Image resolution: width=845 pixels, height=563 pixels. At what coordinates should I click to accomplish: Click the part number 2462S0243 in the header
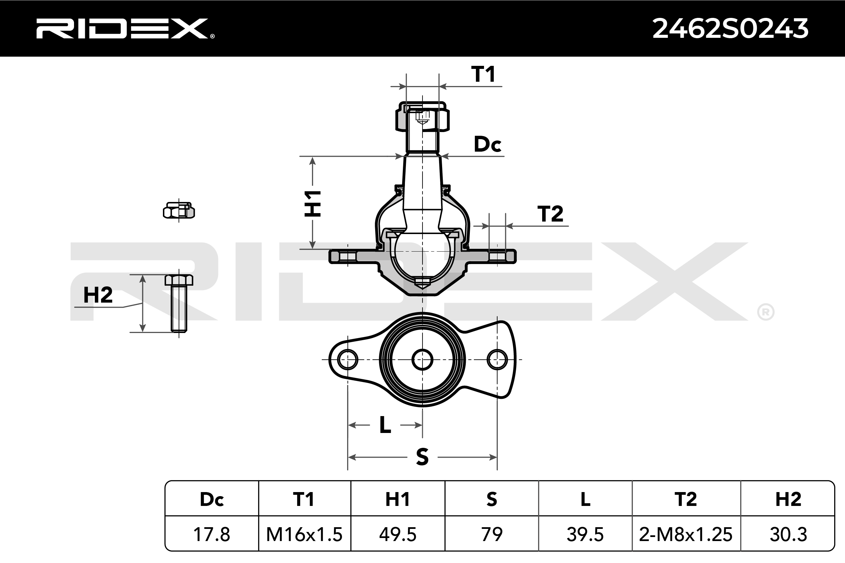click(730, 29)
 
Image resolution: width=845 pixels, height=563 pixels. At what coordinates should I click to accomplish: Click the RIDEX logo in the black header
click(125, 28)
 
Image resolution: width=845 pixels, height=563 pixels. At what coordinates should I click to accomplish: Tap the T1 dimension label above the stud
click(483, 74)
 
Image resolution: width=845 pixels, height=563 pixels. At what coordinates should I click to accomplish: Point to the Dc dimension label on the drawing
click(487, 144)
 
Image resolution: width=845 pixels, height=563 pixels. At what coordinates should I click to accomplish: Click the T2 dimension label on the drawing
click(550, 214)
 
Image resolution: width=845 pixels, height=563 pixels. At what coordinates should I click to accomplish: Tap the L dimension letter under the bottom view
click(385, 425)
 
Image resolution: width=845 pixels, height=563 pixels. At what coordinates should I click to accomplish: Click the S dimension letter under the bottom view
click(422, 457)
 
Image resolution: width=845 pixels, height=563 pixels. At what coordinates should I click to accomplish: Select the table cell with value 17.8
click(212, 534)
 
